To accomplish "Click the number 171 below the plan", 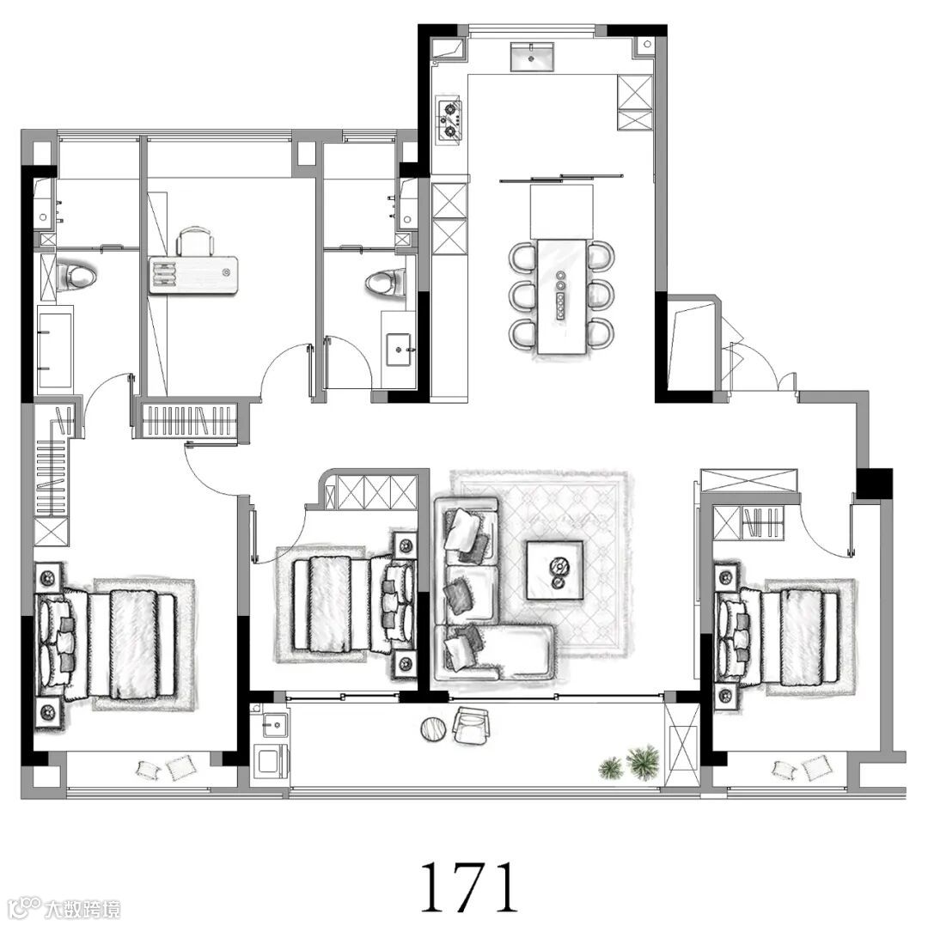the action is coord(469,886).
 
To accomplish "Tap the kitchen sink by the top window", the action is coord(532,56).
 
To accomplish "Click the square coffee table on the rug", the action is coord(554,570).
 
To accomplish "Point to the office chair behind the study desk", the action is coord(195,242).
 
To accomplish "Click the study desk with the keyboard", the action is coord(193,275).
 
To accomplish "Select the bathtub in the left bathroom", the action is coord(54,350).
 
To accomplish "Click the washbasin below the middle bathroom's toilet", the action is coord(400,350).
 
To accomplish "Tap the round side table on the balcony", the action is coord(434,728).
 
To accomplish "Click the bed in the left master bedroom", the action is coord(107,644).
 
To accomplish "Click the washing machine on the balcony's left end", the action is coord(271,760).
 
